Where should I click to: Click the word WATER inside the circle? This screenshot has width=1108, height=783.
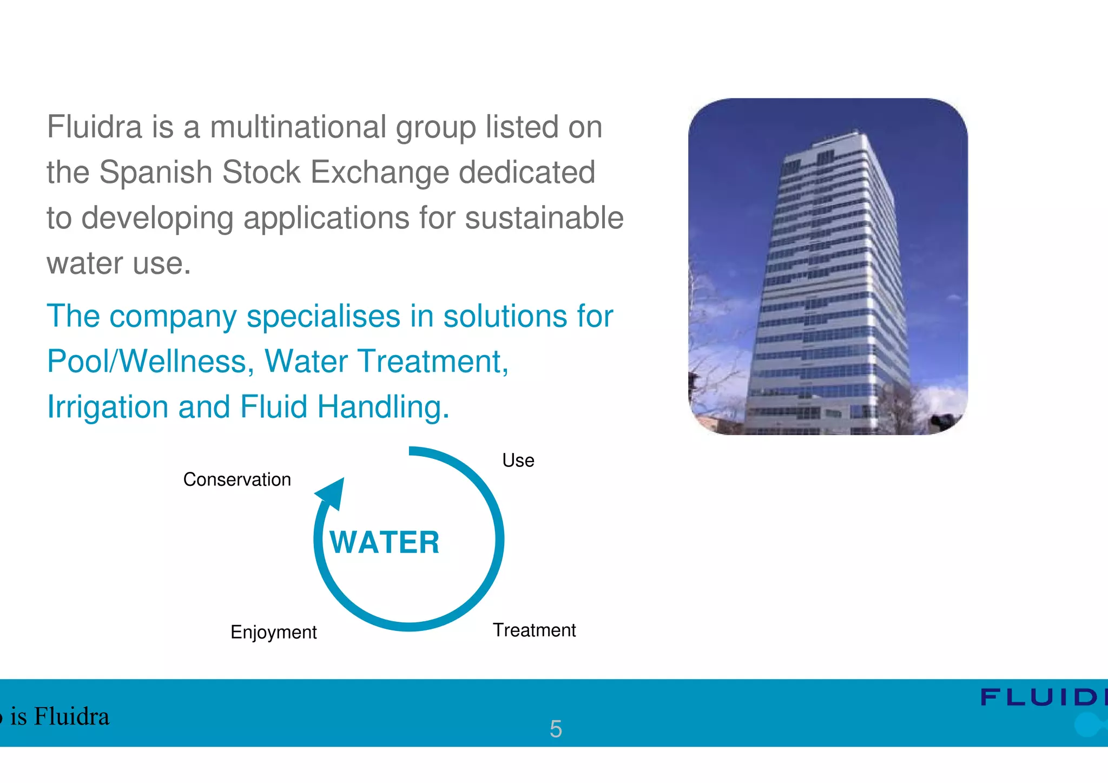(385, 542)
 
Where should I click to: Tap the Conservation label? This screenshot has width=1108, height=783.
(237, 479)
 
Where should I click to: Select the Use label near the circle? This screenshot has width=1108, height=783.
(518, 460)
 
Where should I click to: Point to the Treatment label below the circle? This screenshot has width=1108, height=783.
(534, 630)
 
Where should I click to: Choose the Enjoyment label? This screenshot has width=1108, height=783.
(273, 632)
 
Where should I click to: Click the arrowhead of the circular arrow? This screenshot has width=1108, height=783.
(332, 492)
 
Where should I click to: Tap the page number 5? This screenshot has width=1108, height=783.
(556, 729)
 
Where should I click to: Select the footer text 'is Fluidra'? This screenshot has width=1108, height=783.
(60, 716)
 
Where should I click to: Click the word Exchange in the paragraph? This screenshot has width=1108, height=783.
(380, 173)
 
